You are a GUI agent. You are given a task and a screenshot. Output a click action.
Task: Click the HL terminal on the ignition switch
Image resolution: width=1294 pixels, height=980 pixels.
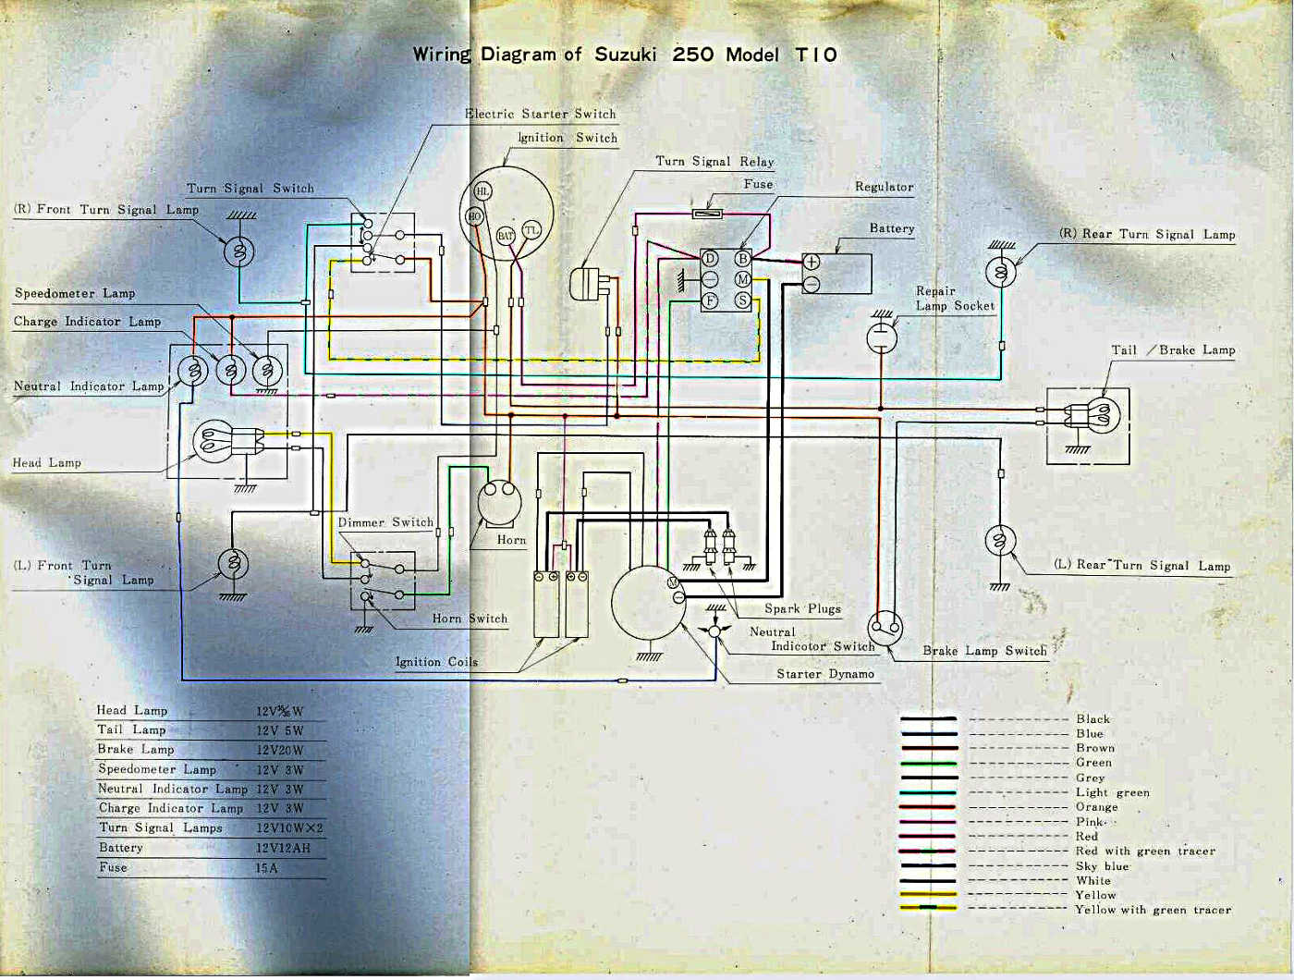[x=482, y=190]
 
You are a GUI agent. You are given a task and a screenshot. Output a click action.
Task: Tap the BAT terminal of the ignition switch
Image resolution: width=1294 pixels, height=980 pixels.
[x=506, y=236]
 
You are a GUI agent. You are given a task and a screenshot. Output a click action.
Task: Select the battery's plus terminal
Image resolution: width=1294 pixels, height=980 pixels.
[x=812, y=262]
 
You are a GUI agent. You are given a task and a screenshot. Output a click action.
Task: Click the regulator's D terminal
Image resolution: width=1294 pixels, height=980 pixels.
[x=710, y=258]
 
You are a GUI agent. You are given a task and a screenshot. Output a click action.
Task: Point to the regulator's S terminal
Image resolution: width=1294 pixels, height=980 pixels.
[x=743, y=300]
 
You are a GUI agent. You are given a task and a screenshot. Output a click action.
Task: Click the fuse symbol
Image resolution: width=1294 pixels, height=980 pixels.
[x=707, y=214]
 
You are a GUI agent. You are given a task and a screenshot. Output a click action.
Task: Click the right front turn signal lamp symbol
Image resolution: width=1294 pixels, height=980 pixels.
[x=238, y=252]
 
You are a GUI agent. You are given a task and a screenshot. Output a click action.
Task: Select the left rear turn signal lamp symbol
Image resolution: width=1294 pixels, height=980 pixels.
[x=1000, y=541]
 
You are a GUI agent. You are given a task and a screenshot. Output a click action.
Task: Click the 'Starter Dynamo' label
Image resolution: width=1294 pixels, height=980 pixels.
[x=824, y=674]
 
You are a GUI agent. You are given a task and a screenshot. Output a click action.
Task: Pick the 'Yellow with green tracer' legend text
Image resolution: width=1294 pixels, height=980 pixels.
[x=1154, y=910]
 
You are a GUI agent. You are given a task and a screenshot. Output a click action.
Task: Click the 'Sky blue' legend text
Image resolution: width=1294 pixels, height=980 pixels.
[x=1102, y=866]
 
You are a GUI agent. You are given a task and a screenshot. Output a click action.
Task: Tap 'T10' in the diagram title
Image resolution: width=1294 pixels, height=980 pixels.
[x=816, y=55]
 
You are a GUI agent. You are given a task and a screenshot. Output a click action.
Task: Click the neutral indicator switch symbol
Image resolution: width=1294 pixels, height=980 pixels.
[x=714, y=630]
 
